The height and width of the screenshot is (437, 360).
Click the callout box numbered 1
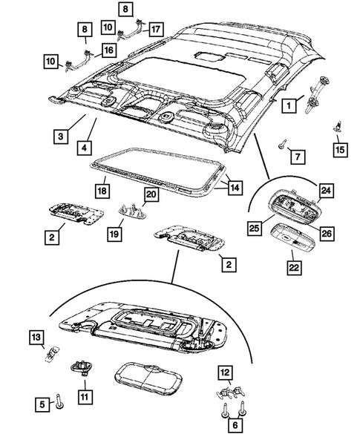pos(289,105)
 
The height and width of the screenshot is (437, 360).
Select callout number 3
pos(61,137)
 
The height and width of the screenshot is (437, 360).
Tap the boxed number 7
pos(298,157)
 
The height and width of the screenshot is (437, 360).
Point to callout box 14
pos(235,188)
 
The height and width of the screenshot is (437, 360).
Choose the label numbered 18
pos(102,191)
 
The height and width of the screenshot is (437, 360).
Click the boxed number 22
pos(294,268)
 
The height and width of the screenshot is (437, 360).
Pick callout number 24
pos(326,191)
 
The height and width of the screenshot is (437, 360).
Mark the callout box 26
pos(327,234)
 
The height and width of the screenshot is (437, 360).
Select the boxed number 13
pos(36,338)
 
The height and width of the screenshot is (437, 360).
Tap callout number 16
pos(109,50)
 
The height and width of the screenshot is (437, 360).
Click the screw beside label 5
pos(59,402)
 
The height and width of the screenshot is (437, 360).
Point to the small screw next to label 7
pos(281,145)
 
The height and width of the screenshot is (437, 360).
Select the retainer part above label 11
pos(81,367)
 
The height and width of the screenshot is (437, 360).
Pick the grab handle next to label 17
pos(131,30)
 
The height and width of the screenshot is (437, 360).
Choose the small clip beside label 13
pos(52,353)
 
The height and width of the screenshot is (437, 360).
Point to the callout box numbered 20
pos(151,194)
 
